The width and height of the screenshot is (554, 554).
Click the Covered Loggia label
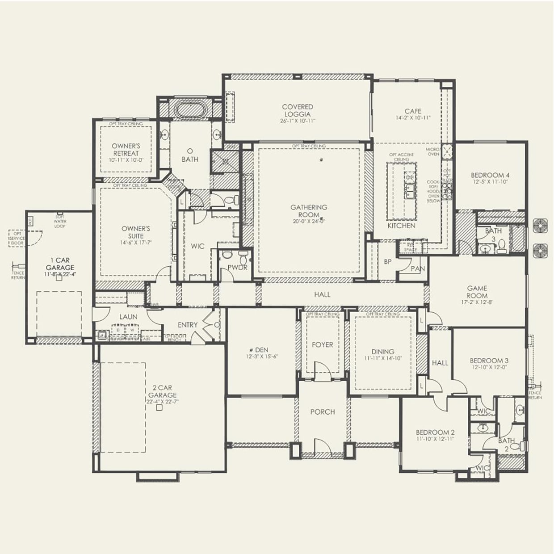(298, 110)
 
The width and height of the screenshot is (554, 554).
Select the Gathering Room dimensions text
(309, 221)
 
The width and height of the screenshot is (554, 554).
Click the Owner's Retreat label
(126, 149)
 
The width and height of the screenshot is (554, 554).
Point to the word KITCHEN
(401, 226)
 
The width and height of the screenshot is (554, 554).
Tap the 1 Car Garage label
(60, 264)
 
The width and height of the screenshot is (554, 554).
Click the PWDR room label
(237, 268)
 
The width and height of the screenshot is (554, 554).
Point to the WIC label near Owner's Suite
(197, 246)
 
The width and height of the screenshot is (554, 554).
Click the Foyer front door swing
(323, 371)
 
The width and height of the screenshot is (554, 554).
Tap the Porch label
(323, 412)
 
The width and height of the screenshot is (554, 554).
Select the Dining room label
(382, 352)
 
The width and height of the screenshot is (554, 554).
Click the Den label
(261, 350)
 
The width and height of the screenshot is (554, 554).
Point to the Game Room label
(477, 292)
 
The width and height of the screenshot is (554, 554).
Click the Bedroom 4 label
(490, 175)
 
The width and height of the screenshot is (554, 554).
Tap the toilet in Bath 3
(502, 246)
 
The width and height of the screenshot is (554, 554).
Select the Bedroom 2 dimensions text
(435, 440)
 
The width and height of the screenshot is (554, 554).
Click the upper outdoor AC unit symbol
(541, 226)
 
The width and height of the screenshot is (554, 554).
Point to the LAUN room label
(128, 317)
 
